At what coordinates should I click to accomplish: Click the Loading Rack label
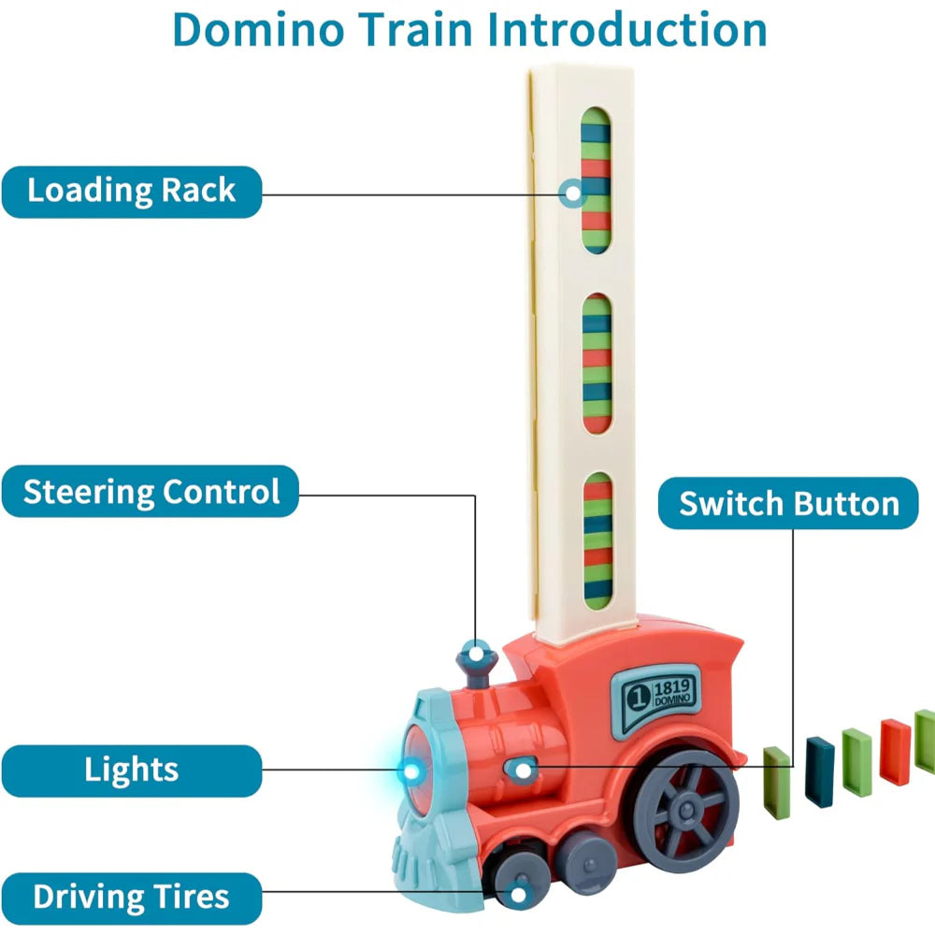pos(131,192)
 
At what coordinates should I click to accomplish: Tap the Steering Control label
pos(151,492)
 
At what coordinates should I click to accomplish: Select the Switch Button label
pos(788,504)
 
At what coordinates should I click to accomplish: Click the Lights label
pos(131,770)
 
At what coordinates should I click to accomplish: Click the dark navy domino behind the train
pos(819,771)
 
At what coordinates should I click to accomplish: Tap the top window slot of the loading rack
pos(596,182)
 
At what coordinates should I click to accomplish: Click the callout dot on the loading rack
pos(570,194)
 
